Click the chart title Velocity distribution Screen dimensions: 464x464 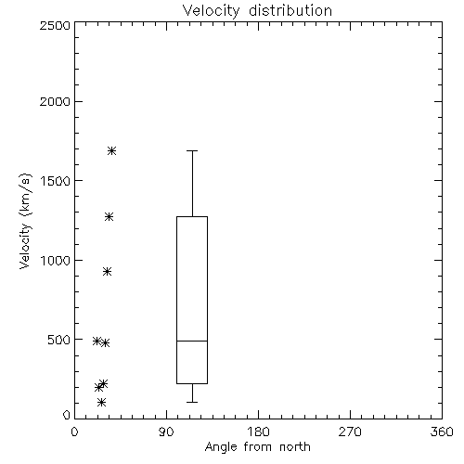(257, 10)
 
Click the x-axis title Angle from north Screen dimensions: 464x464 (257, 447)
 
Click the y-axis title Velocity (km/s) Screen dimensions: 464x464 (25, 221)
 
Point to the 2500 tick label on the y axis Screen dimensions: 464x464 (55, 25)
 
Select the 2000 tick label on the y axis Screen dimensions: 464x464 (55, 101)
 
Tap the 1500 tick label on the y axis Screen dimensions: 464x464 (56, 181)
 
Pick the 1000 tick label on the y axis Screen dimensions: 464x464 (56, 260)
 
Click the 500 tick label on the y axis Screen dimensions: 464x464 (59, 340)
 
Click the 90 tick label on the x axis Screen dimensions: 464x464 (166, 432)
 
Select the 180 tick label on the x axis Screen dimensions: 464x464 (258, 432)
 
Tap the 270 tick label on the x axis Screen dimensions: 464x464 (350, 432)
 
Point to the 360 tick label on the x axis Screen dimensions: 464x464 (442, 432)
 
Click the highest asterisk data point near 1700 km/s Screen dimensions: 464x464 (111, 151)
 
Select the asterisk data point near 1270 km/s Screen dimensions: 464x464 (109, 216)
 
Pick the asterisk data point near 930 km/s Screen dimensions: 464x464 (107, 272)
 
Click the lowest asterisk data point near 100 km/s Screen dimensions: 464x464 (101, 402)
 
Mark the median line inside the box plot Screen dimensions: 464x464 (192, 341)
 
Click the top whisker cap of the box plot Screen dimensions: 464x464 (192, 150)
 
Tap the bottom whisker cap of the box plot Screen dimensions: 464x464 (192, 402)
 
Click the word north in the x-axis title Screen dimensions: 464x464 (295, 447)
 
